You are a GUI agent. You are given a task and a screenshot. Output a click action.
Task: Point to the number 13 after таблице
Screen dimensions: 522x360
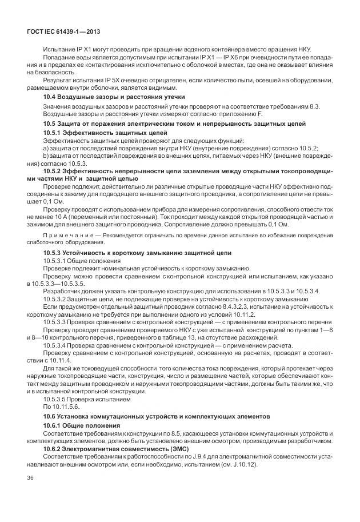pyautogui.click(x=183, y=337)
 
